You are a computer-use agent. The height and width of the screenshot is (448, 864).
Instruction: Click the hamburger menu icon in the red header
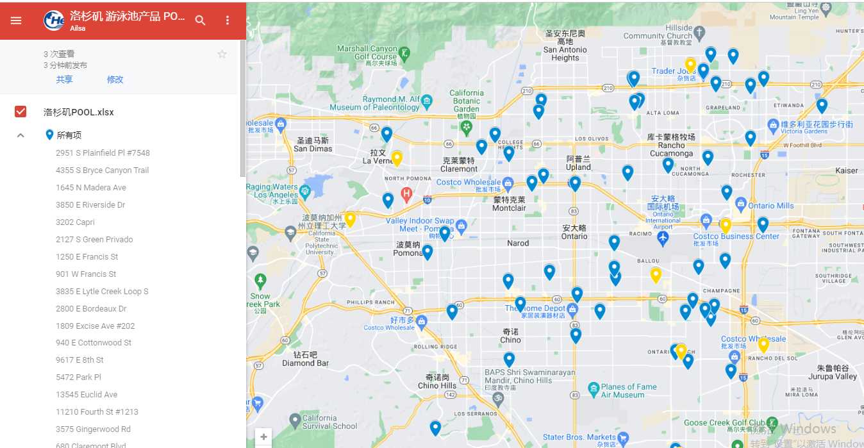pos(16,21)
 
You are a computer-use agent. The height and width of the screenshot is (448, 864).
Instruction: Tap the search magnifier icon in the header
pos(201,21)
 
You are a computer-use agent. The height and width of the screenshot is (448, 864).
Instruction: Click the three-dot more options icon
pos(228,21)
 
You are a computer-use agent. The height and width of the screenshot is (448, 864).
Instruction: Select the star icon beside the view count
pos(222,54)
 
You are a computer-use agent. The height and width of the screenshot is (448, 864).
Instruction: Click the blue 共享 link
pos(64,79)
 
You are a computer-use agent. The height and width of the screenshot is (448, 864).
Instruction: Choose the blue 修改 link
pos(115,79)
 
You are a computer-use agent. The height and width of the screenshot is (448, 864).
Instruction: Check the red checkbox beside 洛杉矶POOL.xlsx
pos(21,112)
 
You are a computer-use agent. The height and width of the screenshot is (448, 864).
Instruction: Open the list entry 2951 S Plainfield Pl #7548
pos(103,153)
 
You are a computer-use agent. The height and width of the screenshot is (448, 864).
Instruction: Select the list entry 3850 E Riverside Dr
pos(90,205)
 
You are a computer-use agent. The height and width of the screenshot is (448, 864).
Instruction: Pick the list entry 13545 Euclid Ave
pos(87,395)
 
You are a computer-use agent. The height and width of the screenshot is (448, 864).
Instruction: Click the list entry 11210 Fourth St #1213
pos(97,412)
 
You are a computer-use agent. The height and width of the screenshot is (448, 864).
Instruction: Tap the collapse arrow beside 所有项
pos(21,135)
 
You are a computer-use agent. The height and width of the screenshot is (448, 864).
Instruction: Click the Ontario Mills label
pos(770,206)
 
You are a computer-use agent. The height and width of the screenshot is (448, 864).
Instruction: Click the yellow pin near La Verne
pos(397,158)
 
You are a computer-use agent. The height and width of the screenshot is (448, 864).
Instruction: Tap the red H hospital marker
pos(406,193)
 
